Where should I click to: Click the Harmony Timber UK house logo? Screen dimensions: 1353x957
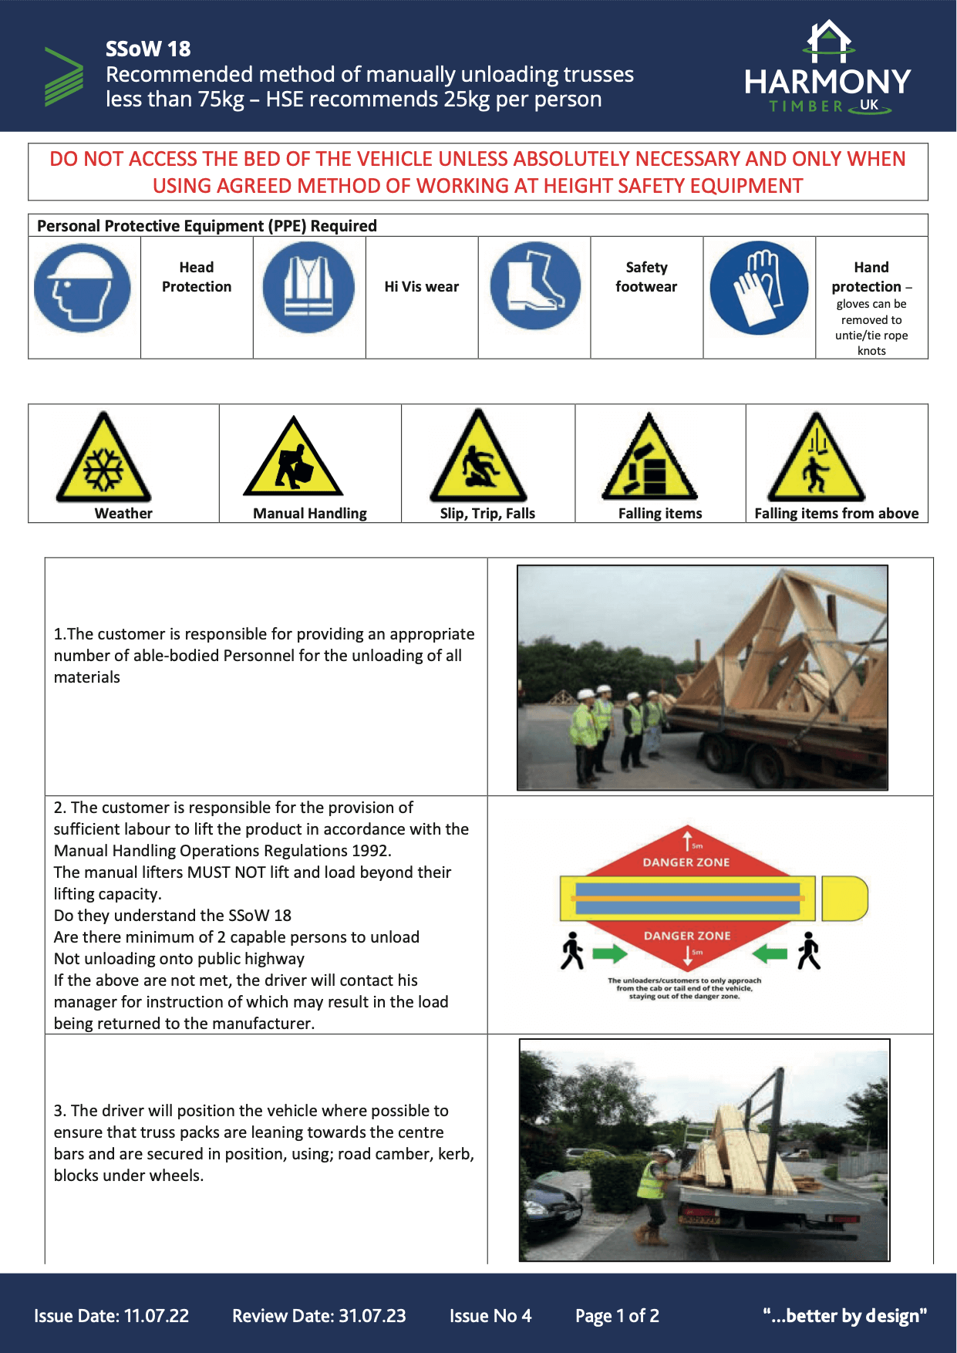click(x=828, y=42)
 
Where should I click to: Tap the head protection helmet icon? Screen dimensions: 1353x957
click(x=83, y=288)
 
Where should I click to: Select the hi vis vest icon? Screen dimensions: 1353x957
click(x=308, y=287)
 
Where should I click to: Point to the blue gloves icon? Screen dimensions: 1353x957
click(x=759, y=288)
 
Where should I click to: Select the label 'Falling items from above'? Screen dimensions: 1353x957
click(x=836, y=514)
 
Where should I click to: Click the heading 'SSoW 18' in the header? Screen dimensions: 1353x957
click(x=148, y=49)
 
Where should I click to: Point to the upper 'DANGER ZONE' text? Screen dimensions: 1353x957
click(x=686, y=862)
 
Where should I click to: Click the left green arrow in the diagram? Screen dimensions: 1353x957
click(x=610, y=954)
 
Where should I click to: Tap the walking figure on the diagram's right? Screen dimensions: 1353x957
click(x=808, y=950)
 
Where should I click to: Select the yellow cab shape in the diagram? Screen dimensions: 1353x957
click(x=844, y=898)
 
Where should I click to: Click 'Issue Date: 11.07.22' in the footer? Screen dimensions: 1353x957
click(x=111, y=1316)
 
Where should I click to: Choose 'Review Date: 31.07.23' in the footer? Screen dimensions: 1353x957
click(x=318, y=1316)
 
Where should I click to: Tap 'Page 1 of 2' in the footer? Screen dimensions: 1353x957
click(x=617, y=1316)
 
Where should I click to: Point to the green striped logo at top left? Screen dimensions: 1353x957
click(x=64, y=77)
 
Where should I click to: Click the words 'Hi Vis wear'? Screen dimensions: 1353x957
click(x=421, y=287)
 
